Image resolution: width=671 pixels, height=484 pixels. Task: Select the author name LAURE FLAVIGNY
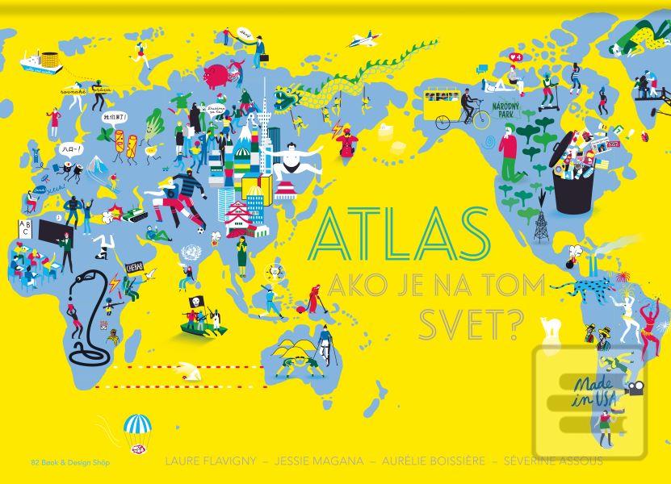210,461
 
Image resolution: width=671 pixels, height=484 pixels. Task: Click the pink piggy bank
216,76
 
